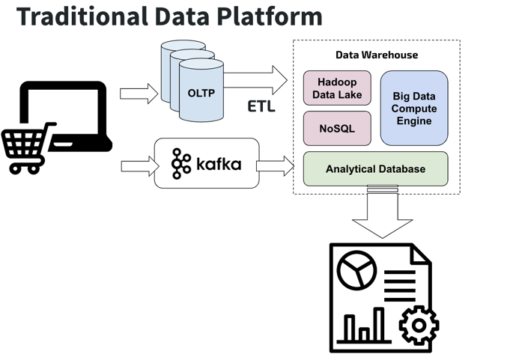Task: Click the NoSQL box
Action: click(x=337, y=128)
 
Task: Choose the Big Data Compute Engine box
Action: click(x=414, y=108)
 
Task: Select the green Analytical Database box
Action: click(x=375, y=169)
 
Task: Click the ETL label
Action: click(x=261, y=106)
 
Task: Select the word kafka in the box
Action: click(x=219, y=162)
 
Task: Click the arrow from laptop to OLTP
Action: click(x=139, y=94)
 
